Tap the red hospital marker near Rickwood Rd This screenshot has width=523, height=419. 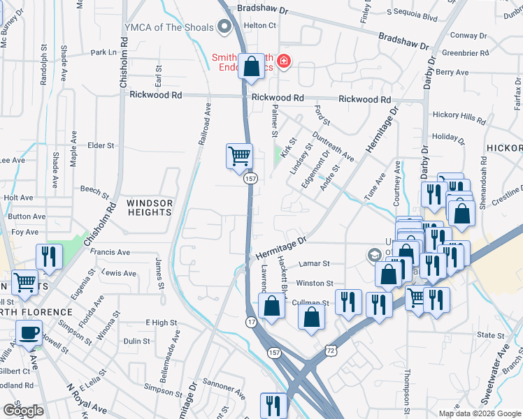tap(283, 61)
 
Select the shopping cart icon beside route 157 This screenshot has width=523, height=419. tap(239, 155)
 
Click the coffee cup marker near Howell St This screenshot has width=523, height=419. tap(29, 333)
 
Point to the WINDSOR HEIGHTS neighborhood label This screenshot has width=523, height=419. tap(149, 207)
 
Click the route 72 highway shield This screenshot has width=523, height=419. tap(330, 347)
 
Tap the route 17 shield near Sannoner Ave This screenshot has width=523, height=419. tap(250, 321)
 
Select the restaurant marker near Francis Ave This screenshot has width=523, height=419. tap(48, 256)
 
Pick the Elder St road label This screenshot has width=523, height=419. tap(101, 145)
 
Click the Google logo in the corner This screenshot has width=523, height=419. tap(22, 410)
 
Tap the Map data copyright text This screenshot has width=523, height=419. tap(479, 413)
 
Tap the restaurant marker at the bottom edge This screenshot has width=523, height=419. tap(273, 405)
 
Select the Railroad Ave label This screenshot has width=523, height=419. tap(205, 124)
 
